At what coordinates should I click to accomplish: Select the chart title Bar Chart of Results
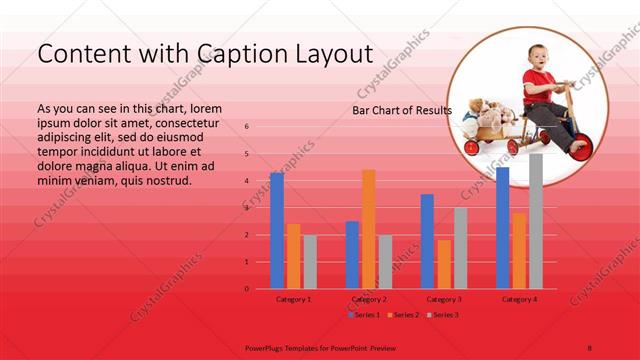coord(402,110)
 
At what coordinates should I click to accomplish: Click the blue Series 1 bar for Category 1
coord(277,231)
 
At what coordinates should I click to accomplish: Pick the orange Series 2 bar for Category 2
coord(369,229)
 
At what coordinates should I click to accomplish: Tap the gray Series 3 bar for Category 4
coord(536,221)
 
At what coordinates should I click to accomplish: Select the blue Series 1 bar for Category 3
coord(427,241)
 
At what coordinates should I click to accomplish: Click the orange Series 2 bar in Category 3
coord(444,264)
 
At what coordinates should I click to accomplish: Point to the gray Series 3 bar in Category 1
coord(310,262)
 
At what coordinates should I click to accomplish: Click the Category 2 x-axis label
coord(368,299)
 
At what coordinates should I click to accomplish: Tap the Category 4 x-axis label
coord(519,299)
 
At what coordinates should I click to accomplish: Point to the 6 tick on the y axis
coord(247,127)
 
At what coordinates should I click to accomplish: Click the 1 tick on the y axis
coord(247,262)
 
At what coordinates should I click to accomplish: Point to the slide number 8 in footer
coord(590,348)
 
